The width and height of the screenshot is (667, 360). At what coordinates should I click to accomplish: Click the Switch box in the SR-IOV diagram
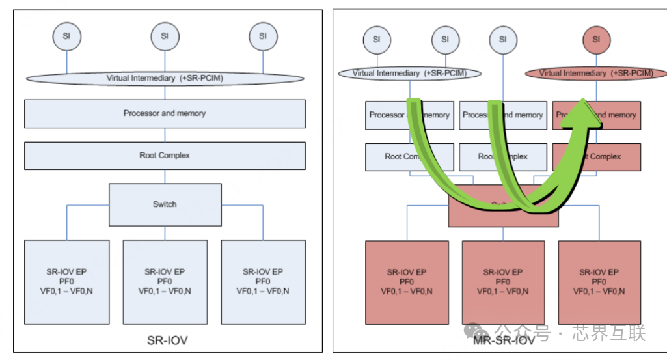[165, 204]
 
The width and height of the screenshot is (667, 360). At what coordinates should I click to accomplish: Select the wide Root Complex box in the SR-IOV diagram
[165, 156]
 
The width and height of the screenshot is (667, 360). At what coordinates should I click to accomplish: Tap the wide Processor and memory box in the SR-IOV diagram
[165, 113]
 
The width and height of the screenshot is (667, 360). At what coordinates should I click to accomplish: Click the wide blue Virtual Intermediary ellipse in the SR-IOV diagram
[165, 78]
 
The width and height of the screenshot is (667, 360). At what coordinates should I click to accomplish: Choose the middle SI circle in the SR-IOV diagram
[165, 36]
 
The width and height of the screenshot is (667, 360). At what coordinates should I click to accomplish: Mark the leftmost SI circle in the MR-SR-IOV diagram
[376, 39]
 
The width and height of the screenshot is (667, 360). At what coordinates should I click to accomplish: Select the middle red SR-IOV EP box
[502, 282]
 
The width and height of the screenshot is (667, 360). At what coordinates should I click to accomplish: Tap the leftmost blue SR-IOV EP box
[66, 281]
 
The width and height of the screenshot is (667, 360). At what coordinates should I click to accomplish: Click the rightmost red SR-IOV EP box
[599, 282]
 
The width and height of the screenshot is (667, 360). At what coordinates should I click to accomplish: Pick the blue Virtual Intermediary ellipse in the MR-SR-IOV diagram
[409, 74]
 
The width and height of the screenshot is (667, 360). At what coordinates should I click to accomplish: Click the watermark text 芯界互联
[609, 334]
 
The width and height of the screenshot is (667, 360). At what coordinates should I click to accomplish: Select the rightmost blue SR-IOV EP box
[263, 281]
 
